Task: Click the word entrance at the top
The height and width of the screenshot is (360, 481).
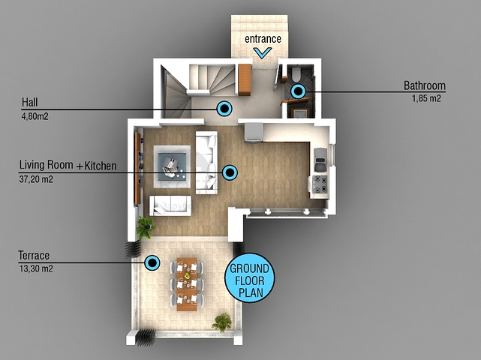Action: click(x=263, y=39)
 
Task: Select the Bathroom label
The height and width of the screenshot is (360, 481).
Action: click(x=425, y=85)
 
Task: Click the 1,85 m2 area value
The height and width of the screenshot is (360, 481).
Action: click(x=426, y=98)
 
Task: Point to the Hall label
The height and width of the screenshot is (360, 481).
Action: click(x=30, y=102)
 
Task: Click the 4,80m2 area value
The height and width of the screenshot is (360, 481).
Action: click(x=35, y=116)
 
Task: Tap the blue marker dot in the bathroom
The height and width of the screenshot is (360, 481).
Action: click(x=298, y=91)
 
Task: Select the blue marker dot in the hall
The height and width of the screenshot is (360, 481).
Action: click(x=224, y=109)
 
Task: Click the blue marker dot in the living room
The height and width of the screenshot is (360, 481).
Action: click(x=230, y=172)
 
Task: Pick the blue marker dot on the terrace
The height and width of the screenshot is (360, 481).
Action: click(x=152, y=262)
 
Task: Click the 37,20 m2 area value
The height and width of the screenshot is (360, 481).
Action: click(x=36, y=179)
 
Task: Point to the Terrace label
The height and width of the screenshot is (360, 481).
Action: click(x=34, y=256)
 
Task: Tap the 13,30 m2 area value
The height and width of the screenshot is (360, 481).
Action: click(x=36, y=268)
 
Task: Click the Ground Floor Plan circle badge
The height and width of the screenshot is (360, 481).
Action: click(x=250, y=278)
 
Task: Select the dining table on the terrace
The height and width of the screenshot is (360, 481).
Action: click(x=187, y=284)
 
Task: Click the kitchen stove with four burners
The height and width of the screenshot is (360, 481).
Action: click(x=320, y=184)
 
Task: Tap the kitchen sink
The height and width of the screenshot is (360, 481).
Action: click(x=320, y=160)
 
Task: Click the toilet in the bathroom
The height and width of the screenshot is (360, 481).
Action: click(x=296, y=74)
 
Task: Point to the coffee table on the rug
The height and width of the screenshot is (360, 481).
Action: click(x=172, y=166)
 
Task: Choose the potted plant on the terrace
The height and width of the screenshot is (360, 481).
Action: click(x=222, y=322)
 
